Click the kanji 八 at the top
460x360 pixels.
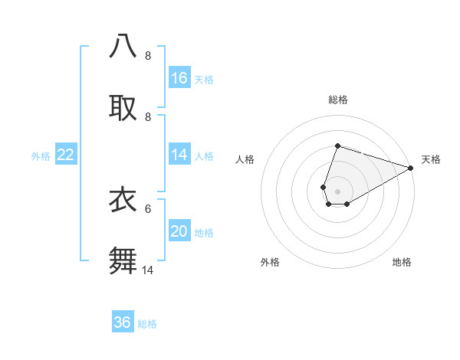pos(123,45)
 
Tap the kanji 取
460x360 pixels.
pos(123,107)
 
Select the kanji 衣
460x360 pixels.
pos(123,199)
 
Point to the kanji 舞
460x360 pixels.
pos(123,260)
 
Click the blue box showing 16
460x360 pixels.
pos(179,78)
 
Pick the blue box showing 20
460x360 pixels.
pos(179,231)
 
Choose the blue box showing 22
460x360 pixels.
pos(66,155)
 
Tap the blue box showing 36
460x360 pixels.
pos(123,322)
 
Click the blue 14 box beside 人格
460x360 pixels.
pos(179,155)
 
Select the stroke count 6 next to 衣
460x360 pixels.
pos(148,208)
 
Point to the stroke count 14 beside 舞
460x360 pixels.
pos(148,270)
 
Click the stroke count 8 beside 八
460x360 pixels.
pos(148,55)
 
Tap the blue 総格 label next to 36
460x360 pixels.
pos(147,324)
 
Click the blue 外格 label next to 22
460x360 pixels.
pos(41,156)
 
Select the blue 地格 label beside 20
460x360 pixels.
pos(205,233)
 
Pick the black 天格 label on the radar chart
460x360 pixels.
pos(431,159)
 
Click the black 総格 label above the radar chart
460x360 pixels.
pos(337,100)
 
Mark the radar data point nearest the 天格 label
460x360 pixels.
pos(411,169)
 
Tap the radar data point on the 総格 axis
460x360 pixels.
pos(337,146)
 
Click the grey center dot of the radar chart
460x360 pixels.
pos(337,191)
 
